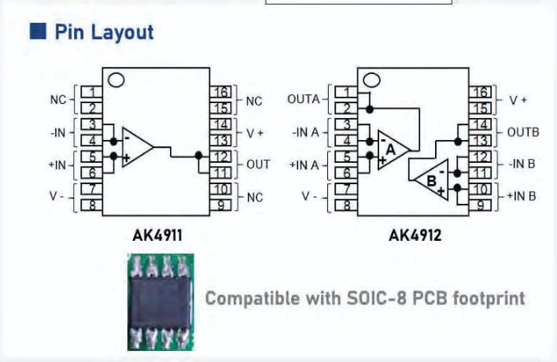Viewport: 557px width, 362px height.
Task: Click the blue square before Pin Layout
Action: [38, 31]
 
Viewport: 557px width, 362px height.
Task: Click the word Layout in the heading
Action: [122, 32]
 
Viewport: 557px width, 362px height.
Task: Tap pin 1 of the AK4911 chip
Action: [91, 92]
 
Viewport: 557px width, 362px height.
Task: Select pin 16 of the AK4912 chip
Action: [480, 92]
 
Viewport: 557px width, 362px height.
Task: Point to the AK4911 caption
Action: [157, 235]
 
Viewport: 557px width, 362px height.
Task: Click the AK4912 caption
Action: [415, 235]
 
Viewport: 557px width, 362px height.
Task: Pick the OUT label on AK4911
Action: [258, 164]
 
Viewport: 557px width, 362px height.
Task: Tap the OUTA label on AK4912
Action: [304, 99]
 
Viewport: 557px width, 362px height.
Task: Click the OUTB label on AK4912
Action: [523, 132]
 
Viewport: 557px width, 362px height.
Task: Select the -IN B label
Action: [522, 164]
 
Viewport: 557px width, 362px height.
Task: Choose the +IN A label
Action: [304, 165]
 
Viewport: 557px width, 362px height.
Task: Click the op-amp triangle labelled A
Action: [393, 150]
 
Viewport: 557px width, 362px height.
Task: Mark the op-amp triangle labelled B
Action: [432, 179]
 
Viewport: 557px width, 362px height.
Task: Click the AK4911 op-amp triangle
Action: [138, 147]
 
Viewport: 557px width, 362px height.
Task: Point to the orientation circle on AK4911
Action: [116, 80]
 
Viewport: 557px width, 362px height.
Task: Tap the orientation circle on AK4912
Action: [371, 80]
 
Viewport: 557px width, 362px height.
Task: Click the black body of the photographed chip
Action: [160, 303]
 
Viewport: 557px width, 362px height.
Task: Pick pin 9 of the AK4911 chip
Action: [220, 205]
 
